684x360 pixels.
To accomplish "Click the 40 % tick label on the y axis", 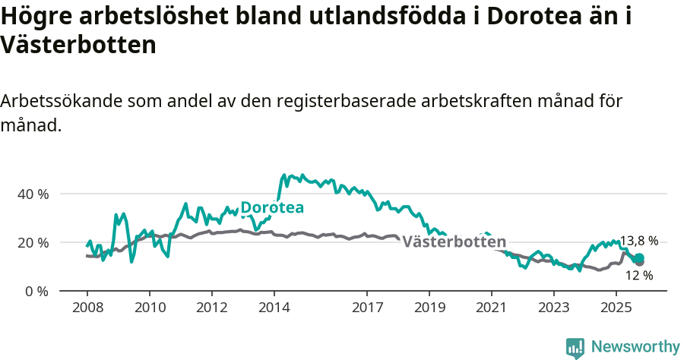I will pyautogui.click(x=33, y=194).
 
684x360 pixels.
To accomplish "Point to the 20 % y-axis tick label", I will pyautogui.click(x=33, y=242).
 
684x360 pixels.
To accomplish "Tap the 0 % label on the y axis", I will pyautogui.click(x=36, y=291).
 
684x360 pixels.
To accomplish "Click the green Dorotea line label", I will pyautogui.click(x=272, y=208).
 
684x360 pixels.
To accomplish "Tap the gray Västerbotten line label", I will pyautogui.click(x=454, y=242).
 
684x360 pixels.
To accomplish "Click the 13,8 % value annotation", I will pyautogui.click(x=639, y=241).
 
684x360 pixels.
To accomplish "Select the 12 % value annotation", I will pyautogui.click(x=639, y=275).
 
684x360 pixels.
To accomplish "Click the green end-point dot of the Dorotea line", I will pyautogui.click(x=639, y=258).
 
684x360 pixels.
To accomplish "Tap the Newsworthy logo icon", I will pyautogui.click(x=575, y=347).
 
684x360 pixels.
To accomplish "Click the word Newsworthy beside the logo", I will pyautogui.click(x=635, y=347).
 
